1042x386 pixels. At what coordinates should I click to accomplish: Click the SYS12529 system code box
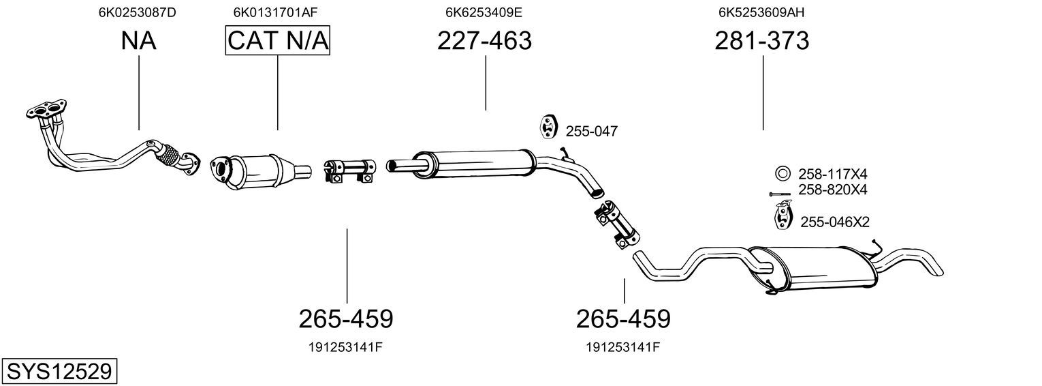tap(59, 371)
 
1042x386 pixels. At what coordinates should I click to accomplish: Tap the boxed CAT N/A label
tap(278, 40)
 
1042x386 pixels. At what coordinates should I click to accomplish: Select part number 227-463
tap(484, 40)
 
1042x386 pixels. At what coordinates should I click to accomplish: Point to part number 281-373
tap(762, 40)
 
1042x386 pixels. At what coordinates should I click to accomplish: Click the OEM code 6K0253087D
tap(137, 12)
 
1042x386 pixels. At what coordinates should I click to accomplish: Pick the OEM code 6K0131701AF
tap(275, 12)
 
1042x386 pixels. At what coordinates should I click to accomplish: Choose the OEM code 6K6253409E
tap(484, 12)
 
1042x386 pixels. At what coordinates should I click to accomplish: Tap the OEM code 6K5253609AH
tap(761, 12)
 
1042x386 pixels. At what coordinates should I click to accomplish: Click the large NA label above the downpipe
tap(139, 40)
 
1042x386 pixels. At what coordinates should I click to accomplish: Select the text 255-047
tap(591, 132)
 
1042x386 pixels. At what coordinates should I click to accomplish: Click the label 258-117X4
tap(833, 174)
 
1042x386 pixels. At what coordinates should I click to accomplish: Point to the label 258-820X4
tap(833, 190)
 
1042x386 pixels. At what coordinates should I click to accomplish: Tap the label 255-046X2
tap(834, 222)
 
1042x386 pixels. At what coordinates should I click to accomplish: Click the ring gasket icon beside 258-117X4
tap(783, 174)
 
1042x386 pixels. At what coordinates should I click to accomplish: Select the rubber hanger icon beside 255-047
tap(548, 125)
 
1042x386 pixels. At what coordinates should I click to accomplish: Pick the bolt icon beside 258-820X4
tap(779, 194)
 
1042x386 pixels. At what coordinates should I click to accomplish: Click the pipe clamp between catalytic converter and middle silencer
tap(350, 171)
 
